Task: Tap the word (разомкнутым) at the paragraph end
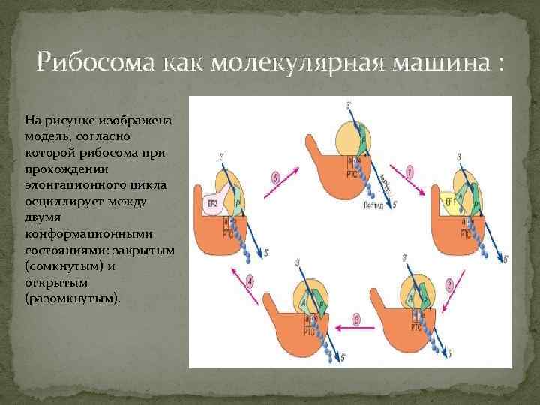coord(72,298)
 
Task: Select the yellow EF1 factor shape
coord(451,202)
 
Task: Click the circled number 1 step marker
coord(430,173)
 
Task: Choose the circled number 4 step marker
coord(250,282)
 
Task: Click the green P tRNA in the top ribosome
coord(364,139)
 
